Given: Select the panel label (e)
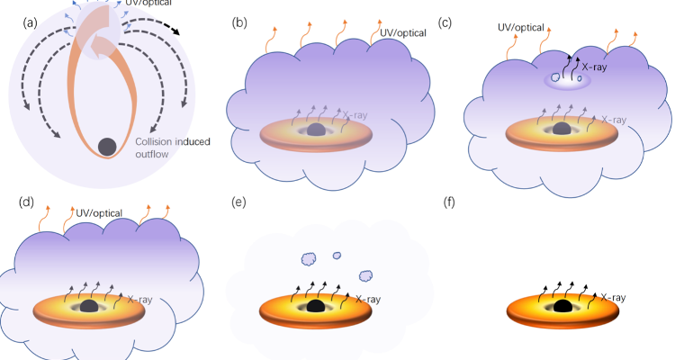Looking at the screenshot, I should [240, 202].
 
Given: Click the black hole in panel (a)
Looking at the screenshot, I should [106, 146].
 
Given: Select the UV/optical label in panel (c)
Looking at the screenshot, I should [521, 27].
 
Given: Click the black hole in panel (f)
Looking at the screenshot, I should [563, 307].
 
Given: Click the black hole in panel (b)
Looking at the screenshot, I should [316, 130].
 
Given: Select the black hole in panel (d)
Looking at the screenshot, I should [88, 307].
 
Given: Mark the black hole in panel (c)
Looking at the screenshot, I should [563, 130].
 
